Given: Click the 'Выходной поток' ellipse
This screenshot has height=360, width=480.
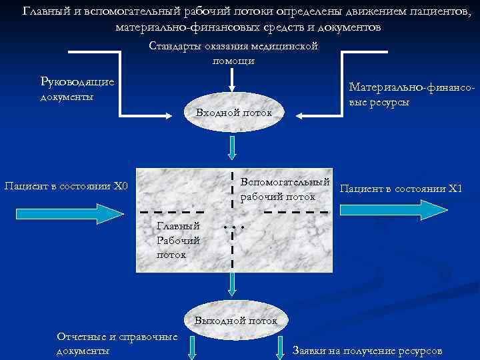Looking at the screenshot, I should tap(235, 321).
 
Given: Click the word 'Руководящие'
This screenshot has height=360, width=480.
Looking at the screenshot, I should tap(77, 81).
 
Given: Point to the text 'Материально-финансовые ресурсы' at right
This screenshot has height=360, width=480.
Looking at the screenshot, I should tap(411, 95).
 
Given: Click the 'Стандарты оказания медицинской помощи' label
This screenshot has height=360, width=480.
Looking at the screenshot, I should tap(233, 53).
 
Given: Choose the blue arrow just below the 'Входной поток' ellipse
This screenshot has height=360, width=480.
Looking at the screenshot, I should tap(231, 148).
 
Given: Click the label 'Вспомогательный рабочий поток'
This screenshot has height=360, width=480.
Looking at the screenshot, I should tap(285, 189).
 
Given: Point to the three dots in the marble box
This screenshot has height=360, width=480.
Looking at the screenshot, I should tap(235, 228).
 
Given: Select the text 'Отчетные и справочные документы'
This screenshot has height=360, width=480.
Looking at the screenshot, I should tap(117, 343).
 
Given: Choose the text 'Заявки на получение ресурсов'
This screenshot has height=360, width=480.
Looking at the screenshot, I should tap(367, 351).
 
